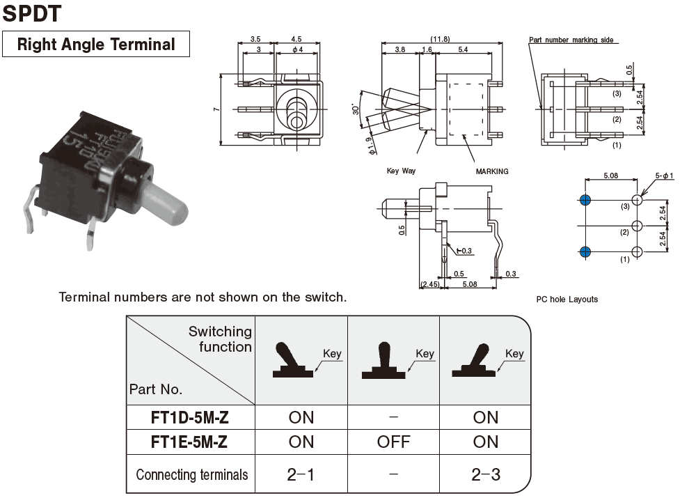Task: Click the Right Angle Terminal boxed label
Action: click(96, 45)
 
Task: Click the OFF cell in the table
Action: click(393, 442)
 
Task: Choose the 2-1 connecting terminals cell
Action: click(301, 475)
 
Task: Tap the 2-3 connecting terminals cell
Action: click(485, 475)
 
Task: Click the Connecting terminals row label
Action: click(191, 475)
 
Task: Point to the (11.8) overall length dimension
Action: click(440, 39)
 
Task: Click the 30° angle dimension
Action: click(356, 109)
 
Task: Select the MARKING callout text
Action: click(492, 171)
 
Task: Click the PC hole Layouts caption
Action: click(567, 299)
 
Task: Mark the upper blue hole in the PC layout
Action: click(585, 200)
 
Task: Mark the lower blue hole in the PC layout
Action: click(585, 251)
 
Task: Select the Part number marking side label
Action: click(571, 40)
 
